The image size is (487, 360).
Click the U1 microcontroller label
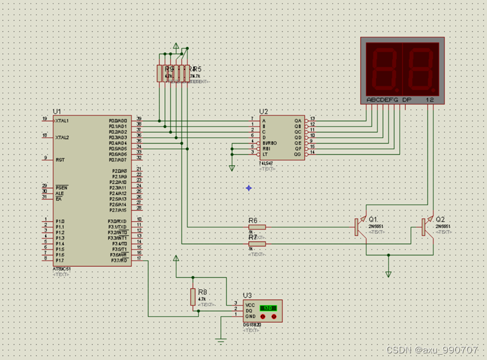click(57, 112)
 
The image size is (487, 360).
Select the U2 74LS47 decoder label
click(263, 112)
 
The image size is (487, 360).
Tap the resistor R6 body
click(257, 227)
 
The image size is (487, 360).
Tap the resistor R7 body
click(257, 244)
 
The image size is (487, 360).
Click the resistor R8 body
click(193, 296)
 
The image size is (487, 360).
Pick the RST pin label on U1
click(60, 160)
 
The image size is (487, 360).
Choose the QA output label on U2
click(297, 120)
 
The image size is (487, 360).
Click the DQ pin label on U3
click(249, 311)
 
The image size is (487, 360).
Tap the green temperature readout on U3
click(268, 308)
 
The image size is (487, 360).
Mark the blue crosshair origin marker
click(248, 188)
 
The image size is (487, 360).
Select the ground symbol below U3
click(221, 342)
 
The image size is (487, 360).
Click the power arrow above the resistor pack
click(176, 46)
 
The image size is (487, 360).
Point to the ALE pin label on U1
click(60, 194)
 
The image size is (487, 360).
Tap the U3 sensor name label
click(248, 295)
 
